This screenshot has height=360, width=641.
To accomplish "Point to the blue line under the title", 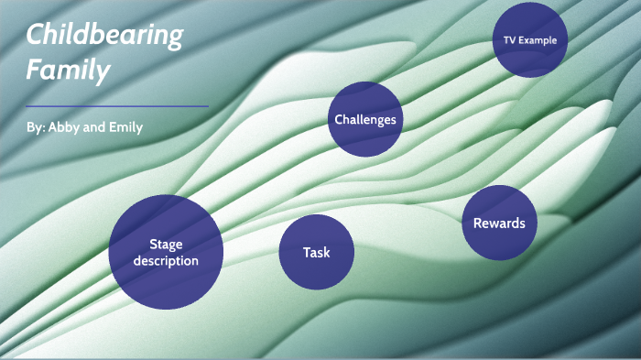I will (x=117, y=106).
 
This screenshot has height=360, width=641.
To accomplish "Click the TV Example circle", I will (x=530, y=39).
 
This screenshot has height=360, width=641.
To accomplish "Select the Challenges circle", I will (x=365, y=119).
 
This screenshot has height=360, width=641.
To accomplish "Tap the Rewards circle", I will (x=499, y=223).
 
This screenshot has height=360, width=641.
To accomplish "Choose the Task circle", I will (x=317, y=252).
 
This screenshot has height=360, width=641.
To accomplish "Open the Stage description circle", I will (x=166, y=252).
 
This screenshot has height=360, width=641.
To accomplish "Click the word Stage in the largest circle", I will (x=166, y=244).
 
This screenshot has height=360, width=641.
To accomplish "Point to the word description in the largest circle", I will (x=166, y=261).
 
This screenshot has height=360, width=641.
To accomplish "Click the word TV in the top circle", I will (x=510, y=40).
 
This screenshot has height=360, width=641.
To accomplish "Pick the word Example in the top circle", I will (x=538, y=40).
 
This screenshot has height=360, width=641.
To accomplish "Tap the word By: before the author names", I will (x=36, y=127).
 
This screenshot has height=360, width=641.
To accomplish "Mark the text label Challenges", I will (x=365, y=120).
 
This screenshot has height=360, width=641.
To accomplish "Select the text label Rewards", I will (x=499, y=224).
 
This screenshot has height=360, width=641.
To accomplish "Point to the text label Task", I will (x=317, y=253).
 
